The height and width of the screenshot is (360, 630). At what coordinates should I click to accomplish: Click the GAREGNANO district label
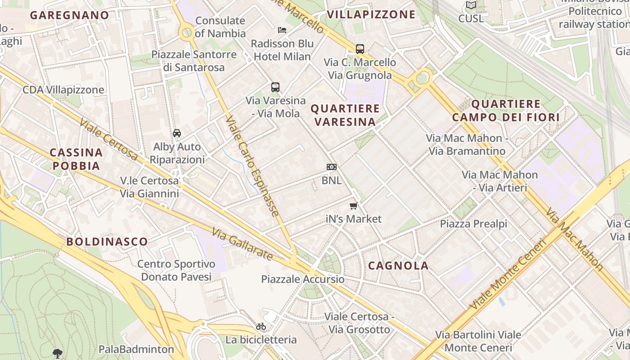(70, 15)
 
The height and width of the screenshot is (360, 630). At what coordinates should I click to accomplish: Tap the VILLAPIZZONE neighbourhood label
(371, 14)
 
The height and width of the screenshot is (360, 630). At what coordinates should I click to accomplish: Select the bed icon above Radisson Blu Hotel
(282, 30)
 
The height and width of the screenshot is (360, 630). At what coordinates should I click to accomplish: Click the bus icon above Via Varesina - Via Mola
(275, 87)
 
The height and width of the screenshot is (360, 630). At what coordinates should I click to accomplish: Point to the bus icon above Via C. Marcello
(360, 49)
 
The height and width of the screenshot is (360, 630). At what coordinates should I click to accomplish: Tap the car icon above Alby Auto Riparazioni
(177, 133)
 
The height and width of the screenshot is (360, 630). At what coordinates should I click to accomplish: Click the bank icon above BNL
(332, 167)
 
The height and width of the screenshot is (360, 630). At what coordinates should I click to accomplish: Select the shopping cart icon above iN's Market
(353, 206)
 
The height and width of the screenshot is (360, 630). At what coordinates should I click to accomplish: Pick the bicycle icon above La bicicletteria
(261, 326)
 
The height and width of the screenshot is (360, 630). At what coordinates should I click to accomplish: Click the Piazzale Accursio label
(303, 279)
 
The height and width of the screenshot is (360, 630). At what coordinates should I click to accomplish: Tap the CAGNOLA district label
(398, 265)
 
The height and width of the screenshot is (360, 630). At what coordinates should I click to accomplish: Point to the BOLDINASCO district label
(107, 241)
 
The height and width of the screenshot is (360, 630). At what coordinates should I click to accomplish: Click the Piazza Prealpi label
(473, 224)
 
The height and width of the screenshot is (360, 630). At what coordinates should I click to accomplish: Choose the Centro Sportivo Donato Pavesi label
(176, 270)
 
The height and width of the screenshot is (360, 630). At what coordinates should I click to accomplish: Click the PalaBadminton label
(136, 349)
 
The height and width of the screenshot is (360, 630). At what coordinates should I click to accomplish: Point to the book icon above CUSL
(471, 5)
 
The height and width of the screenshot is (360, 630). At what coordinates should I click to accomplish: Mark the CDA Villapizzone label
(63, 90)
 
